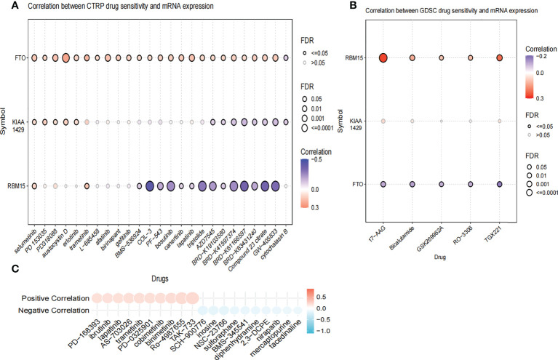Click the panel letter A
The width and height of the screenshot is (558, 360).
tap(6, 7)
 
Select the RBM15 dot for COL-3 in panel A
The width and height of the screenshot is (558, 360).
tap(149, 186)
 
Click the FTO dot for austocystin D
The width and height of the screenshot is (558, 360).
tap(65, 58)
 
